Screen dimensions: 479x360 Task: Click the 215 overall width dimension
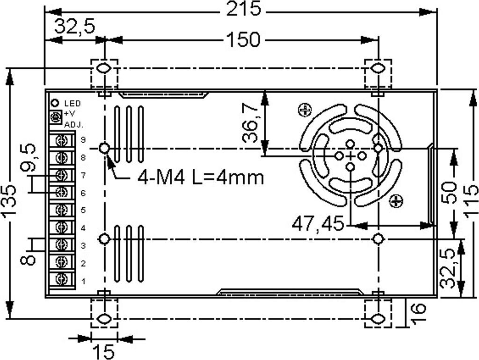tap(243, 9)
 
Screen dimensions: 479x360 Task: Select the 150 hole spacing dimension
tap(243, 40)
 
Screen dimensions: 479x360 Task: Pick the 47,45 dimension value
tap(318, 223)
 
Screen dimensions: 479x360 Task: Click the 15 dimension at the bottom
tap(103, 352)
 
